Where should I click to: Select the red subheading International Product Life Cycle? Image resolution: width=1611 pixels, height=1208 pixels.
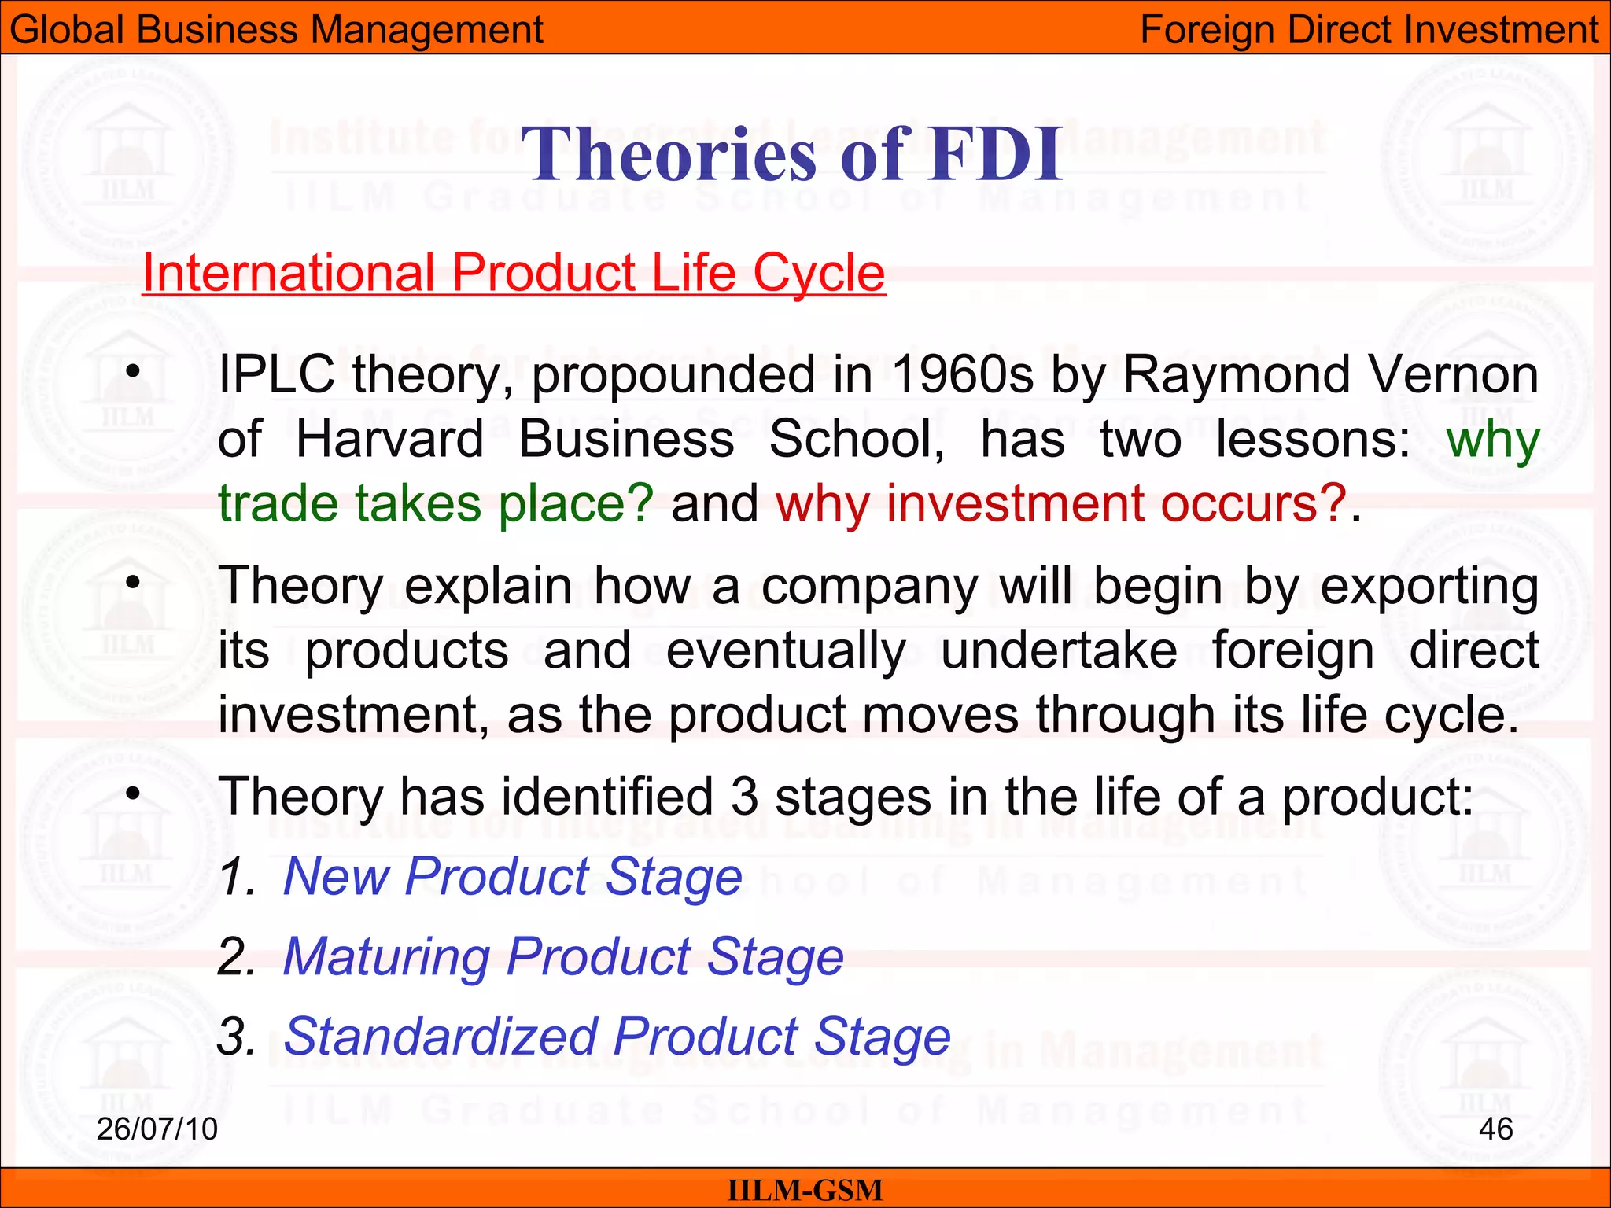click(x=514, y=273)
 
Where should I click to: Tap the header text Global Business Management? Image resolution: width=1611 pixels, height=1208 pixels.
click(x=276, y=30)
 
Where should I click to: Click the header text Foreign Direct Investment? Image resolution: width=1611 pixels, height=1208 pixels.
click(x=1369, y=30)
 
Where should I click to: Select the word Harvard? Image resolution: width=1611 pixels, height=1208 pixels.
click(x=389, y=439)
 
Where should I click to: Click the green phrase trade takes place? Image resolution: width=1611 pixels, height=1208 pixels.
click(x=435, y=503)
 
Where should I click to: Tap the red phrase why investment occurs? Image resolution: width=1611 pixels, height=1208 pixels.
click(x=1061, y=503)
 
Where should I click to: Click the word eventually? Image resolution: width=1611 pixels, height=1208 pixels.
click(x=786, y=651)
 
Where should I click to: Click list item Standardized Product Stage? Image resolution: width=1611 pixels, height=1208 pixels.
click(x=617, y=1037)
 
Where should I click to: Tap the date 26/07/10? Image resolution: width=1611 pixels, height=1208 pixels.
click(x=157, y=1129)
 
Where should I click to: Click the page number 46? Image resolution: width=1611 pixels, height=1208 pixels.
click(x=1495, y=1129)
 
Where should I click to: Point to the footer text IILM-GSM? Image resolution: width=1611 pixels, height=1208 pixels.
click(x=805, y=1190)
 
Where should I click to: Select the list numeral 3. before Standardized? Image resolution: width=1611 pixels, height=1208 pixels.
click(x=236, y=1037)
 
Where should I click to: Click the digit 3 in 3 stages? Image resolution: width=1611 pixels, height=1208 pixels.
click(x=744, y=797)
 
